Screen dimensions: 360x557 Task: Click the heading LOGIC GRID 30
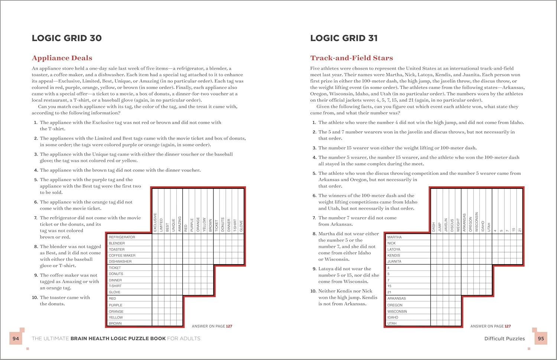[67, 38]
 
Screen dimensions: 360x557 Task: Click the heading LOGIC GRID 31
[344, 38]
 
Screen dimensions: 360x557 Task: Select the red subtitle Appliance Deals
[62, 58]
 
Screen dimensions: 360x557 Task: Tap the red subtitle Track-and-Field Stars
[351, 58]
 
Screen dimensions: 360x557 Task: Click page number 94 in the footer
[16, 338]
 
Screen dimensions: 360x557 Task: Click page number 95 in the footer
[541, 338]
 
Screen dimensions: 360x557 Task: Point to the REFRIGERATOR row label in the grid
[122, 237]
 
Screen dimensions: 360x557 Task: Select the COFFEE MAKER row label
[122, 255]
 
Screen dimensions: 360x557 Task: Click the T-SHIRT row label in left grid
[115, 286]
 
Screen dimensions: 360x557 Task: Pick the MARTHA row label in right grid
[394, 237]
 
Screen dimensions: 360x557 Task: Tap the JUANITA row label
[394, 262]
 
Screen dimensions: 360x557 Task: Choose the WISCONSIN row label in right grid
[397, 311]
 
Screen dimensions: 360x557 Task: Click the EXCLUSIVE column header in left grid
[155, 222]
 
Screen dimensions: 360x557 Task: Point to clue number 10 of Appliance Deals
[35, 298]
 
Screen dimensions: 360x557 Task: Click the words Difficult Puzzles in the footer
[504, 338]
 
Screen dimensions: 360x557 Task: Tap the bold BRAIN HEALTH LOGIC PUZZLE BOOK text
[118, 338]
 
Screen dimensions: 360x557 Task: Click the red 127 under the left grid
[229, 326]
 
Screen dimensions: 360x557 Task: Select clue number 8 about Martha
[314, 234]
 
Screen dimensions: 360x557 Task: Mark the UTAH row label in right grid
[392, 323]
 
